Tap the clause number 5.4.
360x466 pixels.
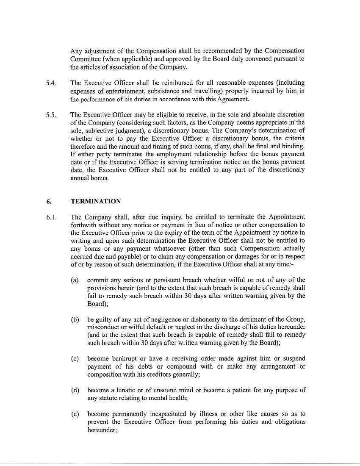[52, 83]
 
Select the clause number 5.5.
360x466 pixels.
[52, 114]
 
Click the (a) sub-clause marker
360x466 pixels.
[75, 280]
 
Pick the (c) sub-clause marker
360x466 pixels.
[75, 359]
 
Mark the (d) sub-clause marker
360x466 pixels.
[75, 390]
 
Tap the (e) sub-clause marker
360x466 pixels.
[75, 414]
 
